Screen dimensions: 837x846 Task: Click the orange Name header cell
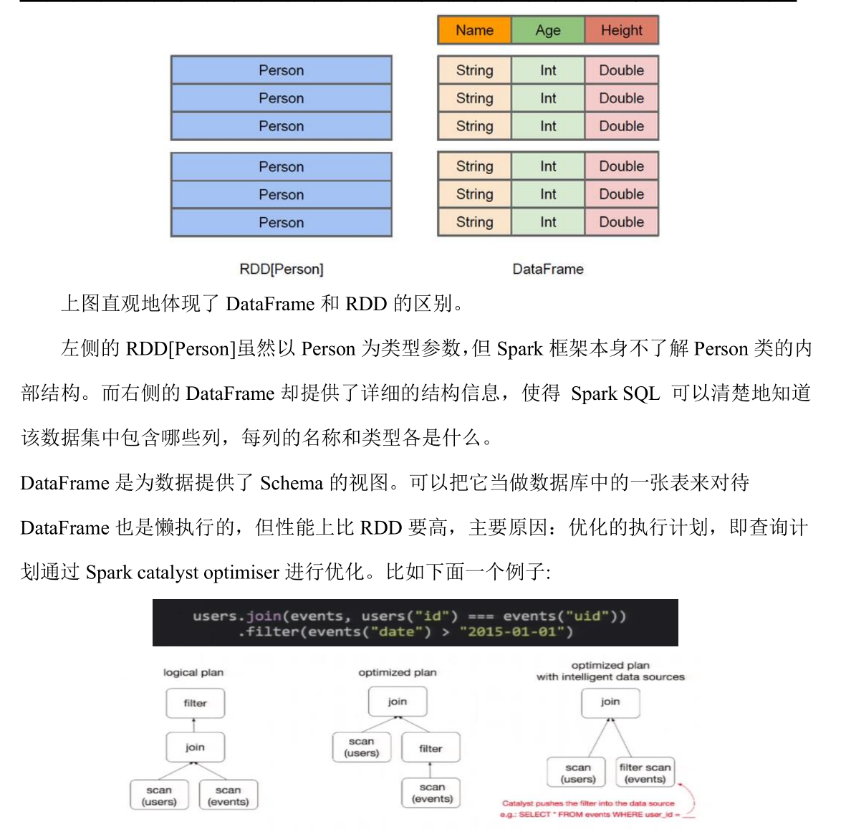[474, 30]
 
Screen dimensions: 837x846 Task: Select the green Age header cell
[548, 30]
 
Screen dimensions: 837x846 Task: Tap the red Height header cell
[621, 30]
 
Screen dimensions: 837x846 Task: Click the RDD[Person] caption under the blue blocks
[282, 269]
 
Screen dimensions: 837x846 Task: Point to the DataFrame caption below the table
[548, 269]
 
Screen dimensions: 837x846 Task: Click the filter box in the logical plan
[195, 703]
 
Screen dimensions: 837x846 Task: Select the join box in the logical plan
[195, 747]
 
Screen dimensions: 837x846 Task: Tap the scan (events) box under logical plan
[229, 795]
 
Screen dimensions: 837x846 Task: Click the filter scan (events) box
[645, 773]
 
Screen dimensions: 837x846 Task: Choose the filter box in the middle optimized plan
[431, 748]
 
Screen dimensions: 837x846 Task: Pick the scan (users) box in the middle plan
[362, 747]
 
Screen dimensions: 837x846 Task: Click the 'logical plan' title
[193, 672]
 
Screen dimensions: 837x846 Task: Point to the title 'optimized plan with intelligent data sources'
[610, 671]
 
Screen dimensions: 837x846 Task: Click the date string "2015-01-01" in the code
[516, 631]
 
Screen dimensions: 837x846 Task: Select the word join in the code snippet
[264, 616]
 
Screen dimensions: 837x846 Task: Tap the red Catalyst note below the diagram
[589, 808]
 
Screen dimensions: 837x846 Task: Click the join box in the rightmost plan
[610, 702]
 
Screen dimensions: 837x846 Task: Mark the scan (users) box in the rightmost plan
[578, 773]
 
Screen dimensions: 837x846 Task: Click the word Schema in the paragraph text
[292, 483]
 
